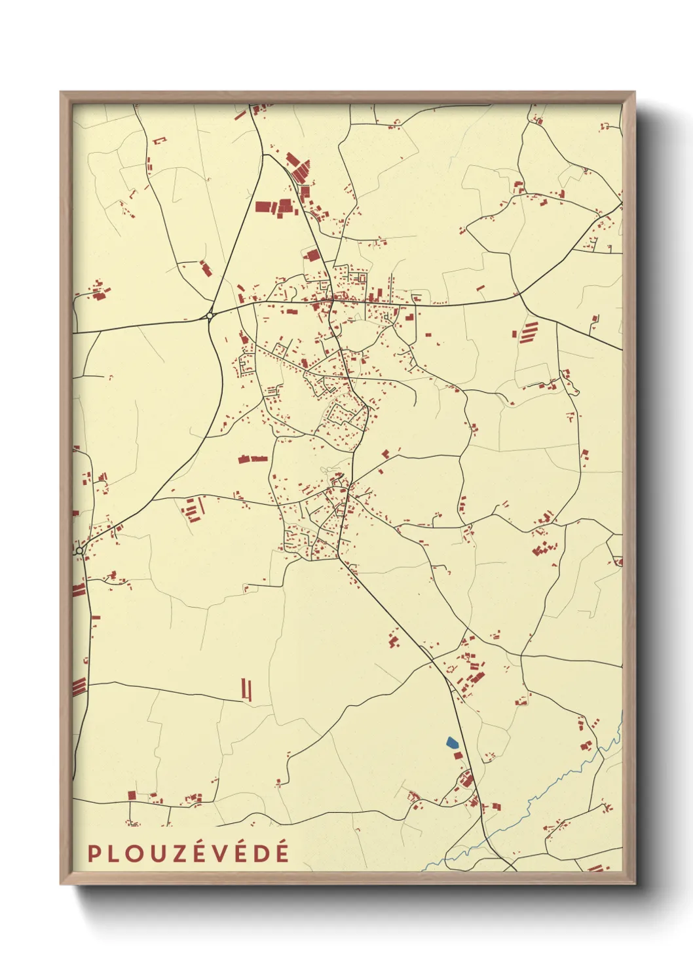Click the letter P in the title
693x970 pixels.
click(x=94, y=853)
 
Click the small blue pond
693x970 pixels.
click(x=451, y=743)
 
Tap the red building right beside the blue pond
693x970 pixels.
click(x=458, y=755)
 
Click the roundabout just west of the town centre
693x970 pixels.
click(x=210, y=316)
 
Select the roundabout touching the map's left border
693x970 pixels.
click(x=79, y=551)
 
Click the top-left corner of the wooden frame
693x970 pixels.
click(x=61, y=92)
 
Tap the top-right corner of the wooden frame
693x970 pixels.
click(x=635, y=92)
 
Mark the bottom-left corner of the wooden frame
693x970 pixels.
click(x=61, y=883)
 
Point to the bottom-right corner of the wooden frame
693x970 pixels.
click(x=635, y=883)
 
